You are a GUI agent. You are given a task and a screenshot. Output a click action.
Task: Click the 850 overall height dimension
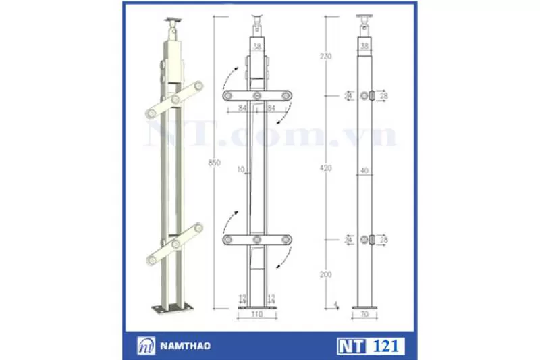pos(213,163)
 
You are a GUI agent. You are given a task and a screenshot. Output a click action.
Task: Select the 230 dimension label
pos(327,57)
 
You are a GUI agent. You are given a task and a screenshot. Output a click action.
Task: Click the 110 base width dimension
pos(257,315)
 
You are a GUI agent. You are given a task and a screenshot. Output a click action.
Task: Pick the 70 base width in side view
pos(364,315)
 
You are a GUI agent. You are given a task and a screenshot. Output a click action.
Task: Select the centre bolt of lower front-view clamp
pos(256,239)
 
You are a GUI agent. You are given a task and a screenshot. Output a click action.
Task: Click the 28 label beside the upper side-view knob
pos(384,97)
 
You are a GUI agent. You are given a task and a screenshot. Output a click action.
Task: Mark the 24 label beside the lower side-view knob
pos(349,239)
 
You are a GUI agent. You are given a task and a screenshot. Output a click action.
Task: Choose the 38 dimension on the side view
pos(364,47)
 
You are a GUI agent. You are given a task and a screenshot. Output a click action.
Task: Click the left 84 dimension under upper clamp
pos(242,107)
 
